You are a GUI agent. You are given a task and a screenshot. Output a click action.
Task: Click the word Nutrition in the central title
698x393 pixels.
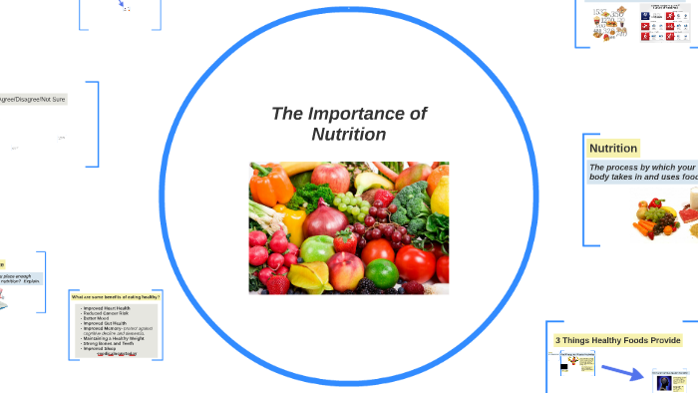coord(348,134)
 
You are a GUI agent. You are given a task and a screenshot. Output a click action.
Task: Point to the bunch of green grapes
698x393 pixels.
coord(350,206)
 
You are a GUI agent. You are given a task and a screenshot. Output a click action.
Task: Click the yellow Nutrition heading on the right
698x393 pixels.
coord(613,149)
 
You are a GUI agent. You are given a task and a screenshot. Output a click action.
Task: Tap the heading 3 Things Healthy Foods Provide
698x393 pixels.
coord(618,340)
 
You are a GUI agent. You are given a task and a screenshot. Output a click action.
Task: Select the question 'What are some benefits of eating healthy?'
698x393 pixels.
coord(116,297)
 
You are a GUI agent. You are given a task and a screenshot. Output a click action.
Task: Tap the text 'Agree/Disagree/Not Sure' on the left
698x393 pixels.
coord(34,99)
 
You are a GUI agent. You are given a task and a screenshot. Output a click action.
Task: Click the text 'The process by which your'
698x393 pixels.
coord(642,167)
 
